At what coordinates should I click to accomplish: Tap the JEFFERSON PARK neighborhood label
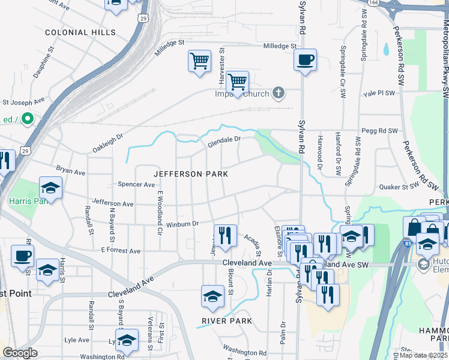(x=191, y=174)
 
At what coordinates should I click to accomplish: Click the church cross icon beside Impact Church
(x=277, y=93)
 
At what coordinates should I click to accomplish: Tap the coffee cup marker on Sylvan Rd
(x=305, y=60)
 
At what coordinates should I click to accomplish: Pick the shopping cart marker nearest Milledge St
(x=199, y=61)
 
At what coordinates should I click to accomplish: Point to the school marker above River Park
(x=212, y=296)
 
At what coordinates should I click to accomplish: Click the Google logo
(x=20, y=353)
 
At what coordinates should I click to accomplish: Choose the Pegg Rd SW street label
(x=379, y=130)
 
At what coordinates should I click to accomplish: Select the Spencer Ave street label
(x=136, y=184)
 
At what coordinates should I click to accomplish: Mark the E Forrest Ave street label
(x=120, y=250)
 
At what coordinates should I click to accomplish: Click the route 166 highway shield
(x=373, y=3)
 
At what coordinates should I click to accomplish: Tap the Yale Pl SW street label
(x=379, y=94)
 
